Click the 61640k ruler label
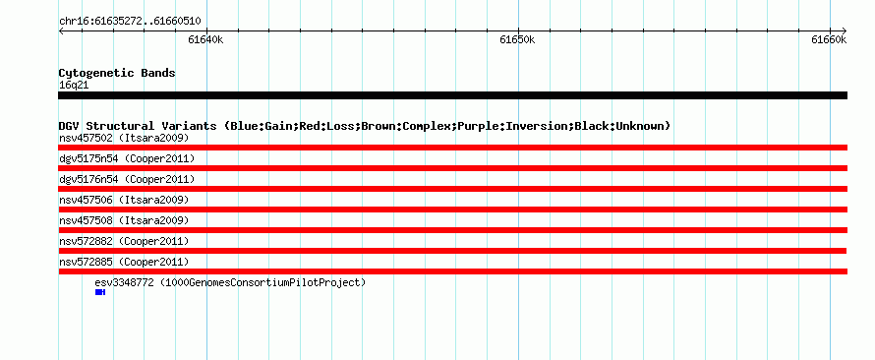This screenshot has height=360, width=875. coord(205,39)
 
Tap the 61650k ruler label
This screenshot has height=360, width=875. coord(517,39)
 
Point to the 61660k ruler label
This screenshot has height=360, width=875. coord(829,39)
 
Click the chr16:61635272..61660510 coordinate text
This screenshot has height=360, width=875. coord(130,22)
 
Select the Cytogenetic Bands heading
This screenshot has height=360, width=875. coord(117,73)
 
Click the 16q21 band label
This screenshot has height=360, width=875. coord(74,86)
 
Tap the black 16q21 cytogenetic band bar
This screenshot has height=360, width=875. coord(452,95)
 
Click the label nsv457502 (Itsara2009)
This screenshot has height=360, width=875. coord(124,138)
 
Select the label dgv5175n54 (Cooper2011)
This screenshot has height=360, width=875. coord(127,159)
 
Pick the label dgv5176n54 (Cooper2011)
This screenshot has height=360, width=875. coord(127,180)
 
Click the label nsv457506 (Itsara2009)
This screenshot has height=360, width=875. coord(124,200)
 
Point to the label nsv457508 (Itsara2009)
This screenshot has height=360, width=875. coord(124,220)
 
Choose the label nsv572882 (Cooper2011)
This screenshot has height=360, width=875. coord(124,241)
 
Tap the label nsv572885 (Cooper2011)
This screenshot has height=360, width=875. coord(124,262)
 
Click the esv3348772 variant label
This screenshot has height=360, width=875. coord(230,283)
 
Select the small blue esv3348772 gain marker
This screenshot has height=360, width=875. coord(100,292)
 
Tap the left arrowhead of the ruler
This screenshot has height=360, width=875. coord(60,30)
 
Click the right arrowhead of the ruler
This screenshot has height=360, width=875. coord(845,30)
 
